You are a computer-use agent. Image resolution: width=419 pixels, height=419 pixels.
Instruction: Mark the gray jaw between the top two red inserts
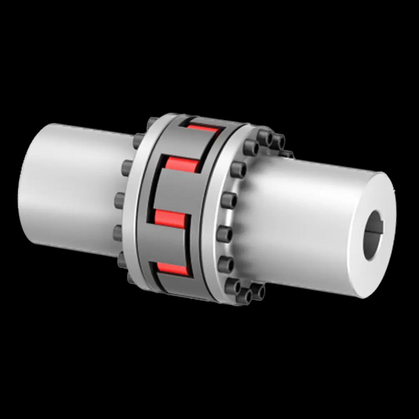click(193, 145)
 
